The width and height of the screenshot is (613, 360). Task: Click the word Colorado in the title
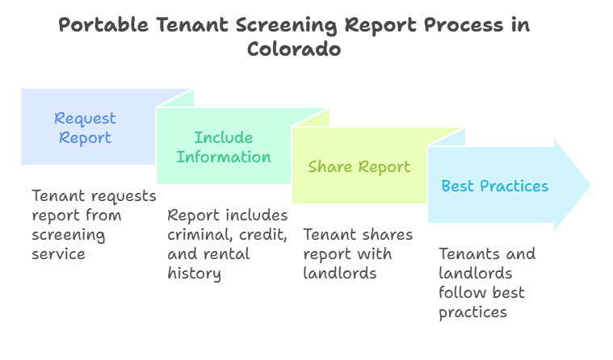click(x=294, y=48)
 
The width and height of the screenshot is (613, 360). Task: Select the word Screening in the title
click(x=283, y=24)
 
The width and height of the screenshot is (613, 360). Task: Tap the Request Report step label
click(x=84, y=128)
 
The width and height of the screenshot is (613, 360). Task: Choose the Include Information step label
click(x=224, y=147)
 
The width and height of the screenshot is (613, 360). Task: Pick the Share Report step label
click(x=359, y=167)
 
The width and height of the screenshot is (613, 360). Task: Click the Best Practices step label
click(x=494, y=186)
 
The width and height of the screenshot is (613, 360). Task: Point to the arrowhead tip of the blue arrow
click(x=590, y=185)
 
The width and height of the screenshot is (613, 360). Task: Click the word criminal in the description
click(x=198, y=235)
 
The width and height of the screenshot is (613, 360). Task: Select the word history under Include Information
click(x=194, y=274)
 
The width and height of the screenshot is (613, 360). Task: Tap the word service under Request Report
click(x=58, y=253)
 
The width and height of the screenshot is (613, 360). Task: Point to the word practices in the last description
click(x=472, y=312)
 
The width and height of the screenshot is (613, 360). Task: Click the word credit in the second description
click(x=262, y=235)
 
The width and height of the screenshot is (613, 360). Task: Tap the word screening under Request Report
click(x=69, y=234)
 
